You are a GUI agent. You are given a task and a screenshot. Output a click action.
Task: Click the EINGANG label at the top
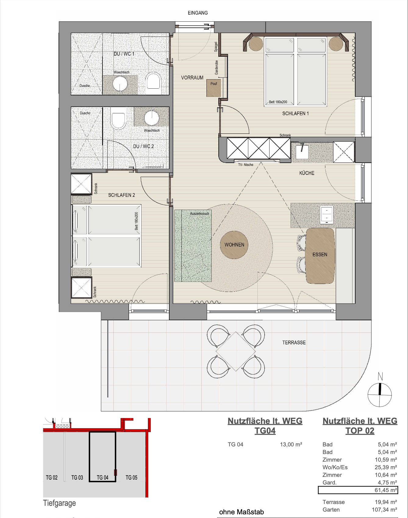(198, 13)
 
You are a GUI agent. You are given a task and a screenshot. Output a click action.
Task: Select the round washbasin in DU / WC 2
(152, 117)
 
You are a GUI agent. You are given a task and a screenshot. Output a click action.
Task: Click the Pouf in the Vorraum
(213, 88)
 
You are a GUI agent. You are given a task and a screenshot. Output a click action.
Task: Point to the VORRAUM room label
(192, 78)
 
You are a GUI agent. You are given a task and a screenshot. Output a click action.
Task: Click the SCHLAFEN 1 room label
(295, 113)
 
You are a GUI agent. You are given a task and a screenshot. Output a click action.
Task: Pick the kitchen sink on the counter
(302, 151)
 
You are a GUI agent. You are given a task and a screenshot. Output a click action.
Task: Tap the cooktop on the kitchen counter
(327, 215)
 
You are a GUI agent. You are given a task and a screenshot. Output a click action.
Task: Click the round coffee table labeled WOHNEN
(234, 245)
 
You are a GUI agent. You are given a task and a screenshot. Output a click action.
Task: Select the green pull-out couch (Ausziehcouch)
(193, 246)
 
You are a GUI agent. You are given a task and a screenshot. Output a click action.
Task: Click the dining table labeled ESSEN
(320, 256)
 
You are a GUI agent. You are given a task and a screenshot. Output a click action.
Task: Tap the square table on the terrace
(236, 351)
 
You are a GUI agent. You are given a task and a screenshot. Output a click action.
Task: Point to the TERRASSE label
(294, 342)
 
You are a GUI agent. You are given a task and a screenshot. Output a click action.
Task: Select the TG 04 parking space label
(102, 477)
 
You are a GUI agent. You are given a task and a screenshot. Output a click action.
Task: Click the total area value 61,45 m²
(386, 490)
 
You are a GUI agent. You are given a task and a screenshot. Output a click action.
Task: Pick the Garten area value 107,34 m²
(384, 509)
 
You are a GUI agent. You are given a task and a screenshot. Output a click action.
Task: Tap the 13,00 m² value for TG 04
(291, 444)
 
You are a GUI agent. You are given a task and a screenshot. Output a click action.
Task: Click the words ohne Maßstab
(242, 512)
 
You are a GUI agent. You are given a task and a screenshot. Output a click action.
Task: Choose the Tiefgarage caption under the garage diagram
(59, 503)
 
